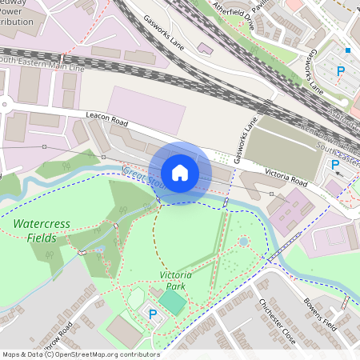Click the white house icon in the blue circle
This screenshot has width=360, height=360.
pos(180,173)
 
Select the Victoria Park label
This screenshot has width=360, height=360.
pos(177,280)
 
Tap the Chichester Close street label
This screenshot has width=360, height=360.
pos(277,320)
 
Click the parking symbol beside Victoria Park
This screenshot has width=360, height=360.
pos(153,314)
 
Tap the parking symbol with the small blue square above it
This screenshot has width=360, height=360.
pos(342,71)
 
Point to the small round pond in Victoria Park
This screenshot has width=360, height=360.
pos(243,241)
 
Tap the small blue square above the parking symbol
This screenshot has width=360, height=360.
pos(346,51)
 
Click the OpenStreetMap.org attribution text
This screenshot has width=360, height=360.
pos(104,354)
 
